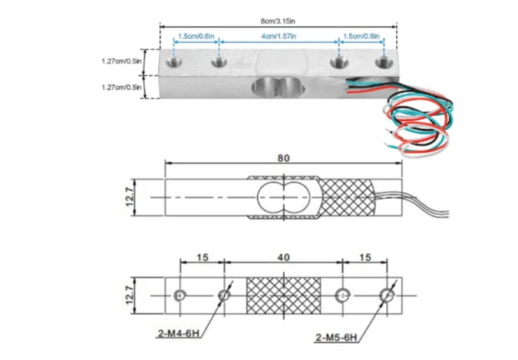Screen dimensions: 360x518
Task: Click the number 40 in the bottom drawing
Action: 284,259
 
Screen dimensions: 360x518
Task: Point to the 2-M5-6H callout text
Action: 335,336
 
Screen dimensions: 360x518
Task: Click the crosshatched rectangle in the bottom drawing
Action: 284,294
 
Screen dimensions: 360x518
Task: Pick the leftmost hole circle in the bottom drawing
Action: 180,295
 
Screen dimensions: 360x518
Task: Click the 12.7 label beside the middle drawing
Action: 132,198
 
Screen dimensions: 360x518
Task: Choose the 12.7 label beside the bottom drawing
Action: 132,294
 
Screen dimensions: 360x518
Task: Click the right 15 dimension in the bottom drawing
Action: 365,259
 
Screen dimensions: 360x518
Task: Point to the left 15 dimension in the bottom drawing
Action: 202,259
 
